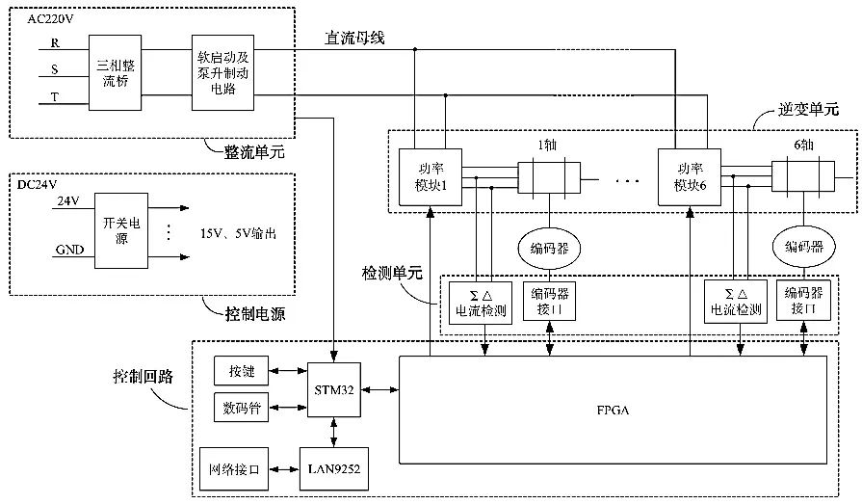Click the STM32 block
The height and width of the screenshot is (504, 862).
333,389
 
